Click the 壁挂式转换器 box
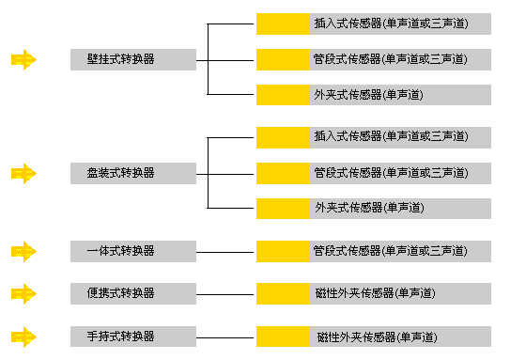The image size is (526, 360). pos(132,59)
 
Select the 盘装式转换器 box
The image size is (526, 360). pos(132,173)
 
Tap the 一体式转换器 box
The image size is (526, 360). pos(132,251)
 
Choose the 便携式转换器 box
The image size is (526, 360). pos(132,293)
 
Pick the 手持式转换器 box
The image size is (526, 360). pos(132,336)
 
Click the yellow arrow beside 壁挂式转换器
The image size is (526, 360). pos(23,60)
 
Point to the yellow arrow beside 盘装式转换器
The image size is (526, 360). pos(23,173)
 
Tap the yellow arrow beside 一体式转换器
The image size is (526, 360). pos(23,251)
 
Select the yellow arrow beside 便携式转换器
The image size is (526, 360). pos(23,293)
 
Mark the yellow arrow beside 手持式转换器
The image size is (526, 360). pos(23,336)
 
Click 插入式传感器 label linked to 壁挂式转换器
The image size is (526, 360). pos(390,23)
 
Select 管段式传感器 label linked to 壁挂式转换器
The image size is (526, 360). pos(390,59)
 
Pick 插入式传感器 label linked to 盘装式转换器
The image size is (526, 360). pos(390,136)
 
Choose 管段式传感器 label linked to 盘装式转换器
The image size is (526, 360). pos(390,173)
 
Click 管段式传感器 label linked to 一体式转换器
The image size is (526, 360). pos(390,251)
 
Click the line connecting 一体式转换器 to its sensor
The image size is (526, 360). pos(225,252)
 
